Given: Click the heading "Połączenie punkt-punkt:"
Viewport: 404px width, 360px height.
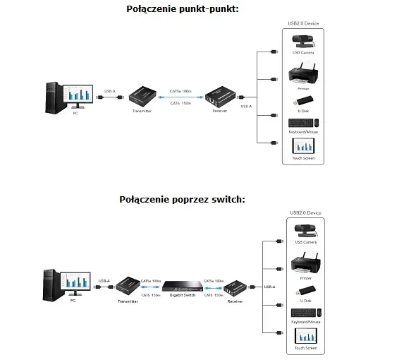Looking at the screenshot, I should [x=183, y=9].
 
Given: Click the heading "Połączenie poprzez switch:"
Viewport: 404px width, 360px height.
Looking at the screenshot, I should [x=183, y=199].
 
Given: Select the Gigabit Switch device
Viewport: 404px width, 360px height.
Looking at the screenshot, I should [x=182, y=286].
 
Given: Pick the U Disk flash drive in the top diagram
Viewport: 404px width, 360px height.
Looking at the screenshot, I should [x=303, y=100].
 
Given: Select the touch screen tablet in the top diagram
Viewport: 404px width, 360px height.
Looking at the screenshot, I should [x=303, y=147].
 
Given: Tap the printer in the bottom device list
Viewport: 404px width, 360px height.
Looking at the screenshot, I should [x=304, y=268].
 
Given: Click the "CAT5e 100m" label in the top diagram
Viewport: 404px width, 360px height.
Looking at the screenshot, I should [x=180, y=90].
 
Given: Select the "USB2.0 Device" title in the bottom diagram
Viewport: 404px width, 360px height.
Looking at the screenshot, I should [x=305, y=212].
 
